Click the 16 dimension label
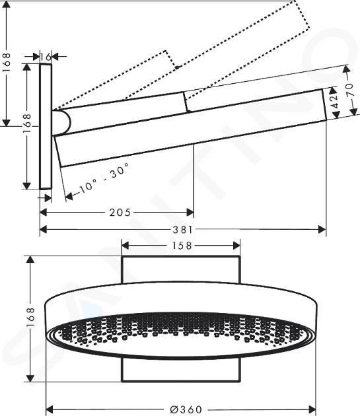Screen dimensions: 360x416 [x=46, y=57]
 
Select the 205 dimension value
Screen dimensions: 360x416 [x=120, y=212]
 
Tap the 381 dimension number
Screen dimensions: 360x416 [x=183, y=229]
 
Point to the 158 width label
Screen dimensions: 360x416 [x=182, y=246]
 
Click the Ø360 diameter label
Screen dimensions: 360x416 [x=186, y=409]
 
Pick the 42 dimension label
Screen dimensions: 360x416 [x=336, y=101]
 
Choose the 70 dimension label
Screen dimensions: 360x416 [x=350, y=90]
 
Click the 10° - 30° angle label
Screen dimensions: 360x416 [x=104, y=178]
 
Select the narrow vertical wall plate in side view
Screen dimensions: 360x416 [x=46, y=127]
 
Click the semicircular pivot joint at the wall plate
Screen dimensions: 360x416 [x=61, y=122]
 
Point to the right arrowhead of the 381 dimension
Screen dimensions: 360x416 [x=322, y=229]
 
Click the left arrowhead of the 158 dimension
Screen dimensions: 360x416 [x=126, y=246]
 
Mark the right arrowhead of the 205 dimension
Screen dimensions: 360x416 [x=190, y=212]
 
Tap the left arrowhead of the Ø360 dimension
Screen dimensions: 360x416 [x=50, y=409]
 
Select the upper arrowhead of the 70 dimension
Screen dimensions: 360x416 [x=346, y=69]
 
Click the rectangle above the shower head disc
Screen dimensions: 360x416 [x=181, y=269]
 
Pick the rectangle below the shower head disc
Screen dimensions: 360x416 [x=181, y=370]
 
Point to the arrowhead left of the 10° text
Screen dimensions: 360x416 [x=69, y=196]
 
